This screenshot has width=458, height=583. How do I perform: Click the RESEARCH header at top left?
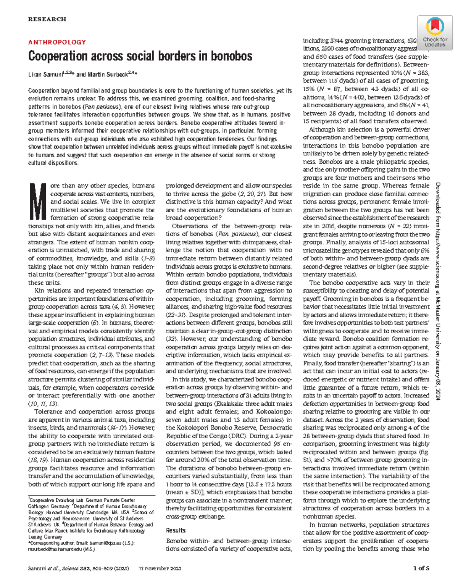click(x=47, y=19)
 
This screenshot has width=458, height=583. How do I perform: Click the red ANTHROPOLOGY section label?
click(x=57, y=42)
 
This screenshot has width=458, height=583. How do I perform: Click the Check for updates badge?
click(x=435, y=32)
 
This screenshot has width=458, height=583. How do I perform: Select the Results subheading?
click(x=176, y=530)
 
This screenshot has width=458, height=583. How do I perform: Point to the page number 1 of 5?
click(x=421, y=568)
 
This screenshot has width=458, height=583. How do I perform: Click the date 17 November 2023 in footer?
click(x=160, y=568)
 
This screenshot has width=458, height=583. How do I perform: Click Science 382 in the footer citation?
click(x=74, y=568)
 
